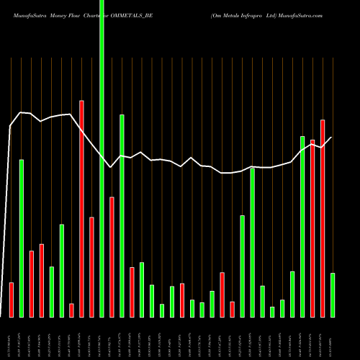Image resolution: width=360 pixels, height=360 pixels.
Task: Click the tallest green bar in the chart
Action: [x=102, y=158]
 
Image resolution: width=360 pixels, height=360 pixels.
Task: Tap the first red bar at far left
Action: [x=12, y=300]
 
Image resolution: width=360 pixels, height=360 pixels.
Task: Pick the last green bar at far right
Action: [x=333, y=295]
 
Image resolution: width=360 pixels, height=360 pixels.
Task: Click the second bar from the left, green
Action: [x=22, y=238]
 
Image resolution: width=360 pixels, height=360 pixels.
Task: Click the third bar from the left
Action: [x=32, y=284]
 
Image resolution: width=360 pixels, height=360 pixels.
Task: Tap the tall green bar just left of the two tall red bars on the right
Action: [x=302, y=226]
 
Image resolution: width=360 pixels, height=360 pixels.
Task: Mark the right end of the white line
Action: [x=331, y=138]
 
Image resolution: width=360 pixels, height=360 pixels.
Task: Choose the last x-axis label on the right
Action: [x=333, y=338]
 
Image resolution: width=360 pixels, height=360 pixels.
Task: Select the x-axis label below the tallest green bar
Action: [x=102, y=338]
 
